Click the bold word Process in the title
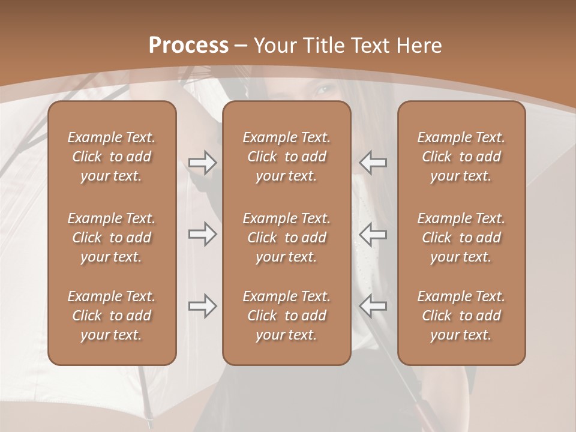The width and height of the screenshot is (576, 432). pyautogui.click(x=188, y=46)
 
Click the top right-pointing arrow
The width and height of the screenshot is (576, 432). pyautogui.click(x=202, y=162)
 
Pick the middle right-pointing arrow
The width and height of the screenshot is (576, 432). pyautogui.click(x=202, y=233)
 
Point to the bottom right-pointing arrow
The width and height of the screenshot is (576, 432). pyautogui.click(x=202, y=306)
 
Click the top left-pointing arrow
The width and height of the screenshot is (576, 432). pyautogui.click(x=373, y=162)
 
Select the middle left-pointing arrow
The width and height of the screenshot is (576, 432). pyautogui.click(x=373, y=233)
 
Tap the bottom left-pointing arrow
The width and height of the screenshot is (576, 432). pyautogui.click(x=373, y=306)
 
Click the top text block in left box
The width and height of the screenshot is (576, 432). pyautogui.click(x=112, y=157)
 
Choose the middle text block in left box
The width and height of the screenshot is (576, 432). pyautogui.click(x=112, y=238)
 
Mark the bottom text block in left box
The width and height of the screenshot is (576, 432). pyautogui.click(x=112, y=316)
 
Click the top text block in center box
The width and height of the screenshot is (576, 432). pyautogui.click(x=287, y=157)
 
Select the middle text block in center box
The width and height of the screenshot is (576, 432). pyautogui.click(x=287, y=238)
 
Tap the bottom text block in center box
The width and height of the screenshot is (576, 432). pyautogui.click(x=287, y=316)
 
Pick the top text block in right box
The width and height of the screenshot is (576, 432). pyautogui.click(x=461, y=157)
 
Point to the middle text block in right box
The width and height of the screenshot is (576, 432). pyautogui.click(x=461, y=238)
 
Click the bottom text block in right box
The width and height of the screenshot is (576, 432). pyautogui.click(x=461, y=316)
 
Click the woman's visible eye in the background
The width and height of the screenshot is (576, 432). pyautogui.click(x=325, y=90)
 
